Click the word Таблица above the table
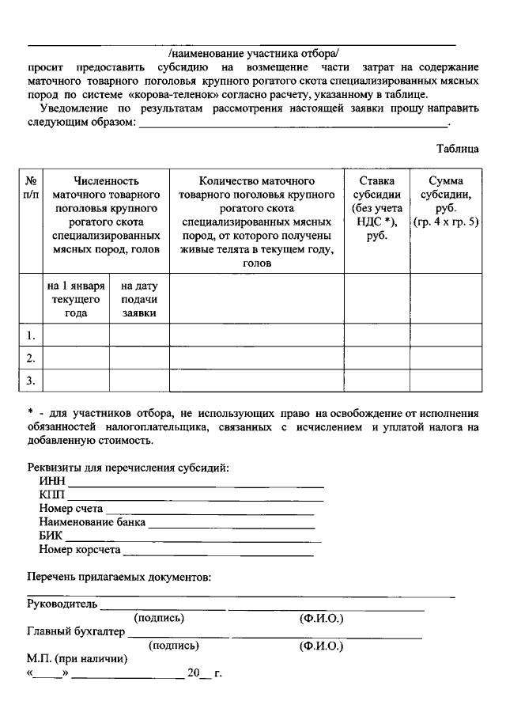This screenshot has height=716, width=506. click(x=458, y=148)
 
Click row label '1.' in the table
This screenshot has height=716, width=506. click(x=31, y=335)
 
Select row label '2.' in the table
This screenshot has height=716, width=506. click(x=31, y=358)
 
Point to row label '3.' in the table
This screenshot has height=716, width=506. click(x=31, y=381)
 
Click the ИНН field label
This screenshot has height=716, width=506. click(x=51, y=481)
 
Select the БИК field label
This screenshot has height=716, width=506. click(x=51, y=536)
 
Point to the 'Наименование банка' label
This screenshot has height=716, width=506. click(x=90, y=522)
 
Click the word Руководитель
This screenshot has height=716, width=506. click(x=62, y=605)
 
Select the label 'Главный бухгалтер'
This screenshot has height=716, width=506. click(x=76, y=632)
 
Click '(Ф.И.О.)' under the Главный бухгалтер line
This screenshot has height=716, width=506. click(x=320, y=646)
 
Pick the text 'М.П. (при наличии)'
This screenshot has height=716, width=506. click(x=77, y=658)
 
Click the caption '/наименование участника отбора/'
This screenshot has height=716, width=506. click(x=253, y=54)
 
